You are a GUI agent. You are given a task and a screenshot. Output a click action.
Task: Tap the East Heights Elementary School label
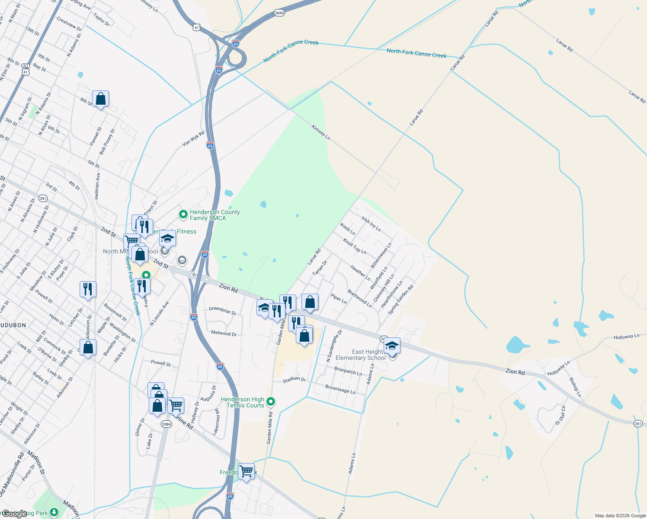361,355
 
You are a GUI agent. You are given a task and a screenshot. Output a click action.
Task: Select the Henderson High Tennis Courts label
242,402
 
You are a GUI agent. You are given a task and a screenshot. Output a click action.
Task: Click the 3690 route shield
279,13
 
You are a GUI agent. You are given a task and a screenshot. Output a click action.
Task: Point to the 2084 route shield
167,424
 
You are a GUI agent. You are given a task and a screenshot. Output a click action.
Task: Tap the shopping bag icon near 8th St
100,99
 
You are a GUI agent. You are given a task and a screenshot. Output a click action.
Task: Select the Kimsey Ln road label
321,132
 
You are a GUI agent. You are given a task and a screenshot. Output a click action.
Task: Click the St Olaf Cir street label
561,415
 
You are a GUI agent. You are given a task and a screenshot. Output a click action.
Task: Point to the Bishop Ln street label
576,387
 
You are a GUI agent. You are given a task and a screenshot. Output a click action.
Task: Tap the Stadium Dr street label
294,379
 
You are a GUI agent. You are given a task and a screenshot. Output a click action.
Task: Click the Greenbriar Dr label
222,310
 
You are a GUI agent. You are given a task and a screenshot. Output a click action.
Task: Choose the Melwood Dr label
224,333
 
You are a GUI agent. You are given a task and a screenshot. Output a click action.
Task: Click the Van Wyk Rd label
193,139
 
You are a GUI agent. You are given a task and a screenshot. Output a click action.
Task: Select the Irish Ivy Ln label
371,224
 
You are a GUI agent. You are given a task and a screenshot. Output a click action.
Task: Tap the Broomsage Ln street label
340,389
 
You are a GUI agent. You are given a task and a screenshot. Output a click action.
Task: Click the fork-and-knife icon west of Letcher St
88,289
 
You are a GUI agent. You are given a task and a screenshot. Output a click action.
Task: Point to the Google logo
15,514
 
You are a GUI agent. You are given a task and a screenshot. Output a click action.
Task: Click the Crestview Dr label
69,23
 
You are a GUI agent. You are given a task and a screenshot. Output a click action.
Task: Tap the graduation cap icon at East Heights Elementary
392,346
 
